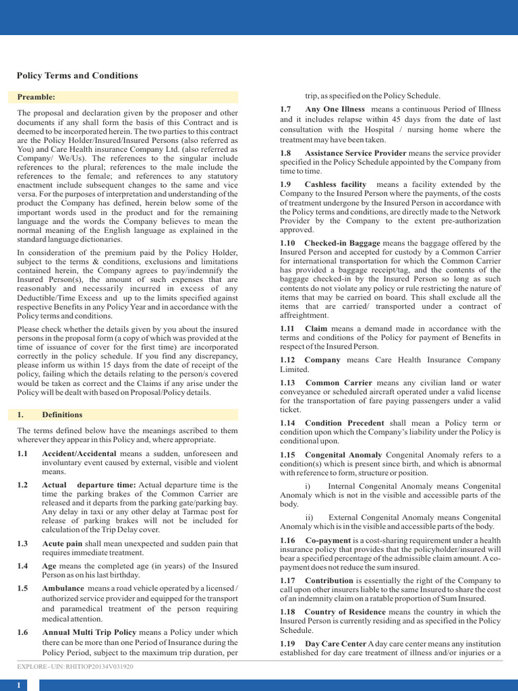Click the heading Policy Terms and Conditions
click(x=77, y=76)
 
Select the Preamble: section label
click(x=36, y=97)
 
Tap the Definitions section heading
click(x=62, y=414)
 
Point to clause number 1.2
click(x=23, y=485)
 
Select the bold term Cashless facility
click(x=335, y=184)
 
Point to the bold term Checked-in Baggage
click(x=342, y=243)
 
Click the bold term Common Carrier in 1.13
click(x=339, y=383)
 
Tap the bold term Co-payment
click(x=328, y=541)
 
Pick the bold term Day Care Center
click(x=335, y=644)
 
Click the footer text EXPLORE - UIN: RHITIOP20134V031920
click(x=75, y=666)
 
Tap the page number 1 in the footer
click(x=19, y=685)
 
